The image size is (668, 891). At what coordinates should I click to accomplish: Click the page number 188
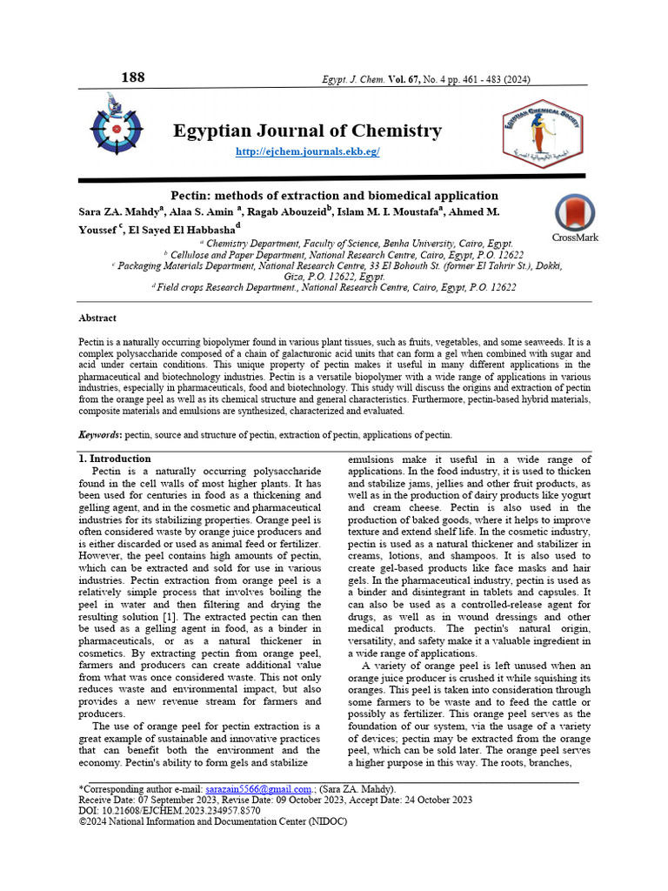133,77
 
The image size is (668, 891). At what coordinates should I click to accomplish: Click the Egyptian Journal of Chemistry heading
307,131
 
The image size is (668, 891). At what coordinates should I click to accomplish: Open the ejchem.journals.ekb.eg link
308,152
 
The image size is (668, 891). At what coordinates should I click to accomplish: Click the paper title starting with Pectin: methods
333,196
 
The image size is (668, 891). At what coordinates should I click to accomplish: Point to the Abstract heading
97,318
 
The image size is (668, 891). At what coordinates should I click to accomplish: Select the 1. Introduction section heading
114,459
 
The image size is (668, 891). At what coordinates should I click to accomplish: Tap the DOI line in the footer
169,810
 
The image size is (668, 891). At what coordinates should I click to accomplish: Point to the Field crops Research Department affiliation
335,286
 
